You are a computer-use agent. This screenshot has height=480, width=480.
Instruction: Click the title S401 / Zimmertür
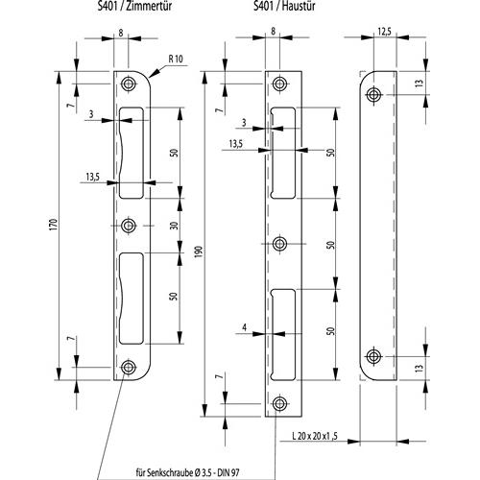pos(134,6)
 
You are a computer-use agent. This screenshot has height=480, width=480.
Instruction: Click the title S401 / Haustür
pos(284,6)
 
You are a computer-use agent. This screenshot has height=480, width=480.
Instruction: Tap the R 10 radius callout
pos(176,59)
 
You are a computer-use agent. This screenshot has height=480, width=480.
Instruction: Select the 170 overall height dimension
pos(54,225)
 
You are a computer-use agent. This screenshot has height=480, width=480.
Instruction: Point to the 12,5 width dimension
pos(384,32)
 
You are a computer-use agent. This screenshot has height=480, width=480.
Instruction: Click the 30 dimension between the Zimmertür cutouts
pos(175,226)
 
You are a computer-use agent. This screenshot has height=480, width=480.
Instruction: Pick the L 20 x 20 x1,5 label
pos(315,436)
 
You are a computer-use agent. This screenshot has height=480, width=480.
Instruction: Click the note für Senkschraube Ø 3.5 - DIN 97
pos(187,472)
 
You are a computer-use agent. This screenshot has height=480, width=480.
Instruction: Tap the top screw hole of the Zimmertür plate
pos(129,84)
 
